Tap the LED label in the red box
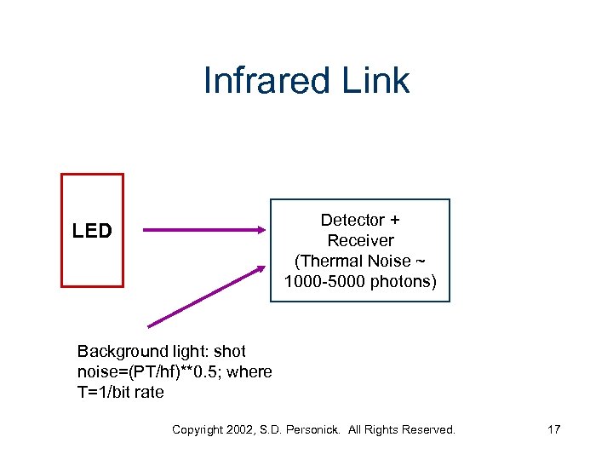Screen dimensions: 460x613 pos(92,231)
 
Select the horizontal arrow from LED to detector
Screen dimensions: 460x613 pos(204,229)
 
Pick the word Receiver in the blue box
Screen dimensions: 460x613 pos(360,241)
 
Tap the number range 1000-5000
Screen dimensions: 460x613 pos(325,282)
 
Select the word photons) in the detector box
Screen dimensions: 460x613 pos(404,282)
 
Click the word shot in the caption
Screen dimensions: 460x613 pos(230,352)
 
